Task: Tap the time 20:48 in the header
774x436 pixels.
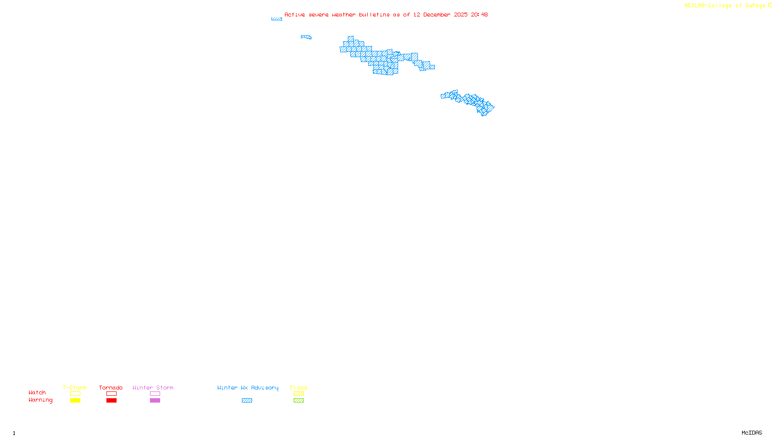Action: pos(479,15)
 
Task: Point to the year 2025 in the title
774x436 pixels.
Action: pos(461,15)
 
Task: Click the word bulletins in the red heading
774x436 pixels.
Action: pos(374,15)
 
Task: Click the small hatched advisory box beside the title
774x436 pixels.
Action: pos(277,19)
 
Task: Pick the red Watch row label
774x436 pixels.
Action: pos(37,392)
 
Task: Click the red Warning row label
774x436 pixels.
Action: pos(40,400)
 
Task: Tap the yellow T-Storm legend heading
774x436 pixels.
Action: pos(74,388)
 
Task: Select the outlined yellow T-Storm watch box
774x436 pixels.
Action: pos(75,394)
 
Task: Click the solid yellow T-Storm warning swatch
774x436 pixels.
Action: pos(75,401)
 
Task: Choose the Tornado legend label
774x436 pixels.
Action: pos(111,388)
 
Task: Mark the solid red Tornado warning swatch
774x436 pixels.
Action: pos(111,401)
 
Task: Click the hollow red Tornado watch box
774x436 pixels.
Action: pos(111,394)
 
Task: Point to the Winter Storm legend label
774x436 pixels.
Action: pos(153,388)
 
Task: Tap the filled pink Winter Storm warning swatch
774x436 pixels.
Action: pos(155,401)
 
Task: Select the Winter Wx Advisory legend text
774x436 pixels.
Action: pos(248,388)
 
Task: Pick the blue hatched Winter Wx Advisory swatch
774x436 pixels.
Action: pos(247,401)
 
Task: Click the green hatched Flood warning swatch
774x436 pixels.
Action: pos(298,401)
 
